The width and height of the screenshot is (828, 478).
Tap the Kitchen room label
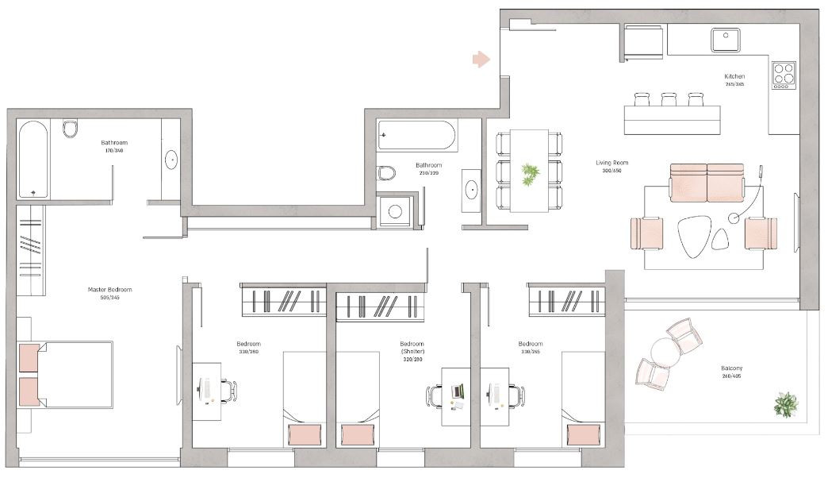(734, 76)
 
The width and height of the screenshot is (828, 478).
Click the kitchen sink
(725, 40)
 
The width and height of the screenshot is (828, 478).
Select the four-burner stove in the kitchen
(784, 75)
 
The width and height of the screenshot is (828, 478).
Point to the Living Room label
(611, 163)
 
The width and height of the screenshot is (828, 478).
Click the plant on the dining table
(529, 173)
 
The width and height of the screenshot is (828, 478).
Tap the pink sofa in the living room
(707, 182)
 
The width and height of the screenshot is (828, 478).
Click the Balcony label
(732, 369)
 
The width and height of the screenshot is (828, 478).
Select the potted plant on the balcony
(785, 403)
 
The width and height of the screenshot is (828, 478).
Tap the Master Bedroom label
(109, 290)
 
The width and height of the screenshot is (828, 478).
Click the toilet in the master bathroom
(70, 129)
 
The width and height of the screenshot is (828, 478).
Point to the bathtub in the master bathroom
(33, 159)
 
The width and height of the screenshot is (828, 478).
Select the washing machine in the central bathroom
(394, 211)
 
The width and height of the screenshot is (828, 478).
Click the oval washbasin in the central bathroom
(471, 190)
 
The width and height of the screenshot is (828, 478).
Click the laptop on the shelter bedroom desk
(458, 390)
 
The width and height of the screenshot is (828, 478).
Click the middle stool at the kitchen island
(668, 99)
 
